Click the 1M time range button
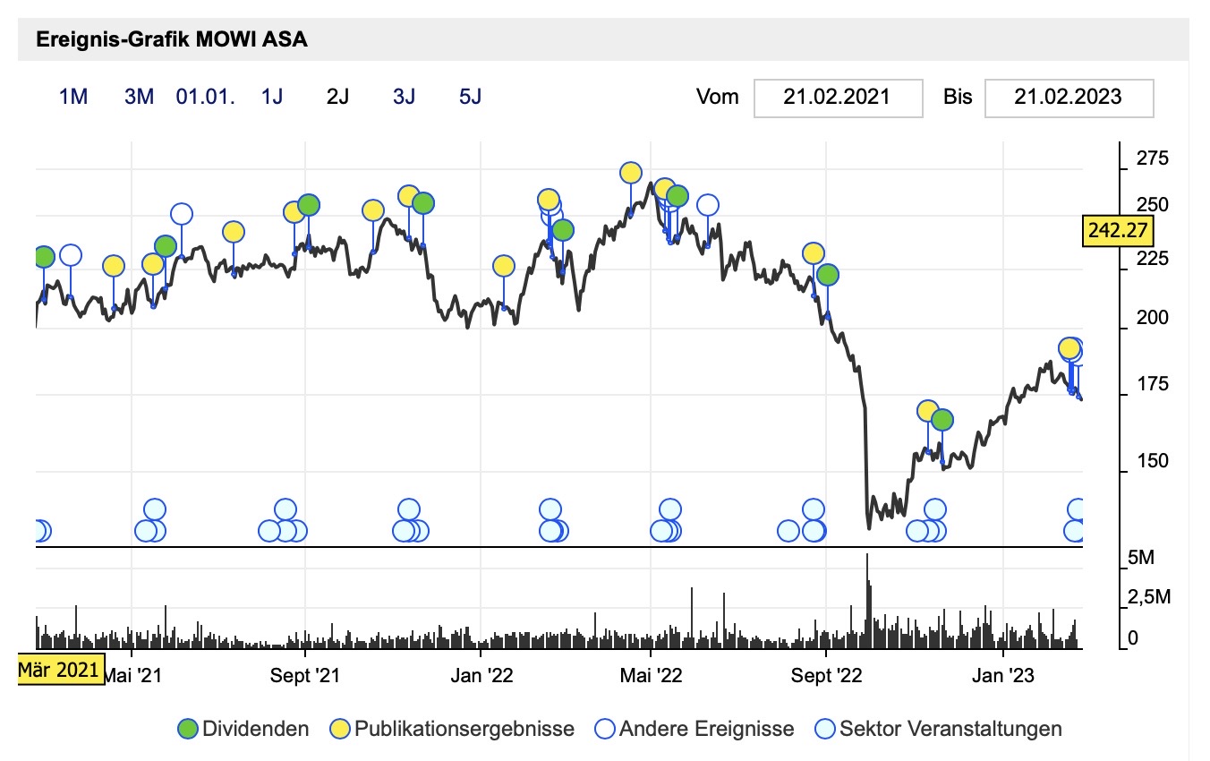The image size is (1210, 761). [x=73, y=97]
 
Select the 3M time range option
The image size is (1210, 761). [x=140, y=97]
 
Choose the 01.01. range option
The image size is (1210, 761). [x=206, y=97]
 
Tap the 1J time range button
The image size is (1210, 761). [x=271, y=97]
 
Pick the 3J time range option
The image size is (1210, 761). [x=404, y=97]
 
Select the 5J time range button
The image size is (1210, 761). [x=470, y=97]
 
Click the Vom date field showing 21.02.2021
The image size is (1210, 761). [x=838, y=97]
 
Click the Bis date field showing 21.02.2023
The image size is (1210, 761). [x=1069, y=97]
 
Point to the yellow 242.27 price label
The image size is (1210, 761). [x=1117, y=230]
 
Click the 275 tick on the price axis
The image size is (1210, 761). [x=1151, y=159]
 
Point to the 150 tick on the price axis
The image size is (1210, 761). [x=1151, y=461]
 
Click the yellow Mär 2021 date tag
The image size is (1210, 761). [x=59, y=669]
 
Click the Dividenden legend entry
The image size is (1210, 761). [x=243, y=729]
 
